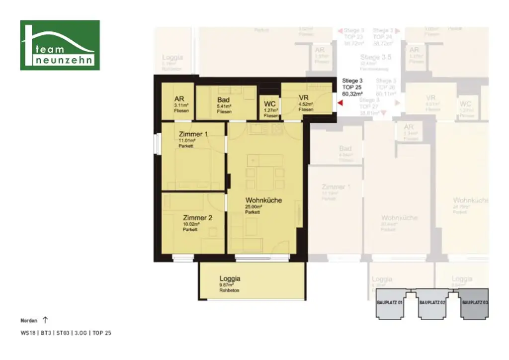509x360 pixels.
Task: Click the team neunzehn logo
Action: [x=60, y=45]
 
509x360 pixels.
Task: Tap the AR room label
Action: [x=179, y=98]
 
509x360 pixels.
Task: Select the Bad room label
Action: [x=223, y=100]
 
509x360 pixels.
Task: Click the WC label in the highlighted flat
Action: [x=270, y=104]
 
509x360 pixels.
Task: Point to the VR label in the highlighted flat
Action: [x=305, y=97]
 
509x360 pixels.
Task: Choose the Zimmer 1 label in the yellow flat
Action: [x=193, y=134]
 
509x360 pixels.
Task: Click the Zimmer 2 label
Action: [x=197, y=218]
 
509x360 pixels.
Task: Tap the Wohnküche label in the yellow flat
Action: [x=263, y=200]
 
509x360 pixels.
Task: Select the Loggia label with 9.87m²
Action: [x=230, y=278]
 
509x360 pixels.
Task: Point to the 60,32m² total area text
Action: [x=352, y=93]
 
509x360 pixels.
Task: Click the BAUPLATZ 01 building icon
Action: [x=389, y=303]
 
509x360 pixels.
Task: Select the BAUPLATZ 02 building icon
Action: [x=431, y=303]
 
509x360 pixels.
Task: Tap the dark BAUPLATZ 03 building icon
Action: [x=474, y=303]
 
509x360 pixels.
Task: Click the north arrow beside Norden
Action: [x=46, y=320]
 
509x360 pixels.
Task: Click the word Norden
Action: [x=29, y=321]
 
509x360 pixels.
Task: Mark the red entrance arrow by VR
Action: [x=340, y=103]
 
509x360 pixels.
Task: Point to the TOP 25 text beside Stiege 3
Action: [x=352, y=87]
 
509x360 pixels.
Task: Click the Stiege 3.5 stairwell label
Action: [x=375, y=57]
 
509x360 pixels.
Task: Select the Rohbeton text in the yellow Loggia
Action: [x=229, y=290]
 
